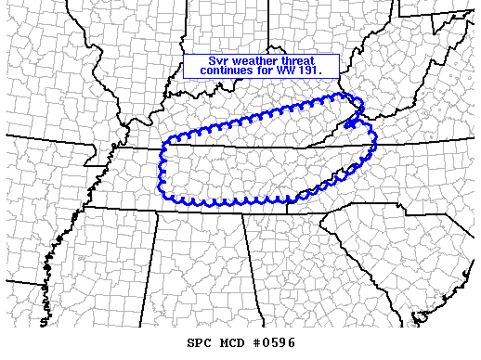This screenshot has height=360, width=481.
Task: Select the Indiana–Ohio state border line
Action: [269, 37]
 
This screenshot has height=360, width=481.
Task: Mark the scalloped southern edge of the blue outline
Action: [232, 200]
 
